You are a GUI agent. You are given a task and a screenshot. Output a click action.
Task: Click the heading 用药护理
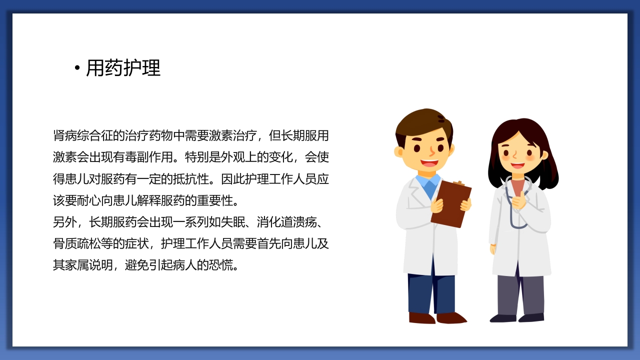tap(123, 68)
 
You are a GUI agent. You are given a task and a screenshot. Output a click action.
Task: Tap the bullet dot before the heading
tap(77, 68)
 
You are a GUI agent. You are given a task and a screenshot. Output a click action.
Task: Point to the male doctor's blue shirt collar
tap(427, 182)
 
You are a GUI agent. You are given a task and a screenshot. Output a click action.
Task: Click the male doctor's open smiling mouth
tap(429, 163)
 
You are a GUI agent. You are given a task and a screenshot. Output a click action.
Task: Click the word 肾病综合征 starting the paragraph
tap(83, 135)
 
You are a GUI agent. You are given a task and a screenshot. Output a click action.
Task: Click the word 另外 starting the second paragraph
tap(65, 221)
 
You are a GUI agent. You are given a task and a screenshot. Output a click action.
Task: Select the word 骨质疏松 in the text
tap(77, 243)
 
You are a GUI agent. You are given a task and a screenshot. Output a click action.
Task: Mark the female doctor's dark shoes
tap(517, 317)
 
